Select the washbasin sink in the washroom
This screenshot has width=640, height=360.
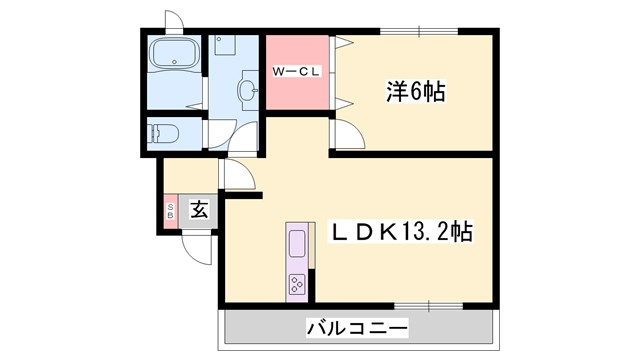[247, 91]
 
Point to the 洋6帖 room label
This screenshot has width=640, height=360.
[416, 93]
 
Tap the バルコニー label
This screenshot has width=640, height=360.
[357, 327]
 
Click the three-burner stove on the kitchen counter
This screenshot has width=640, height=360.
[298, 282]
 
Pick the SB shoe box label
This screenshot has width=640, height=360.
[170, 210]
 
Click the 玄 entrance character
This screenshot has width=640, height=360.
[198, 210]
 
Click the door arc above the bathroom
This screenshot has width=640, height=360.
[172, 22]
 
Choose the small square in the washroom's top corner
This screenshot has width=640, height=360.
[222, 44]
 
